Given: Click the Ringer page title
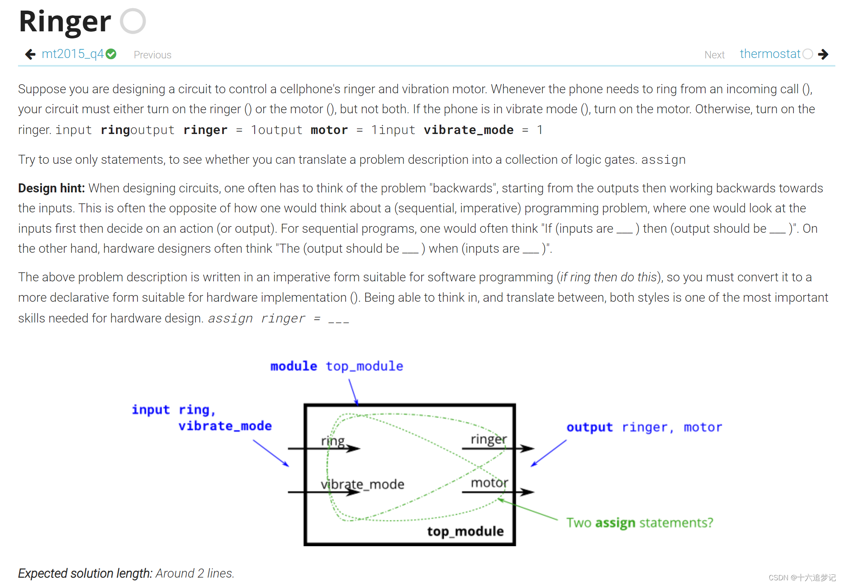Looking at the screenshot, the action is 65,22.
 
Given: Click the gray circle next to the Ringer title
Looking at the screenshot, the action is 133,21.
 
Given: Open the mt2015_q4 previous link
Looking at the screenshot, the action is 72,54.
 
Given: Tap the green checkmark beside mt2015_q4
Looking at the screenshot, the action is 111,54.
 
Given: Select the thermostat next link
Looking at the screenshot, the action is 770,54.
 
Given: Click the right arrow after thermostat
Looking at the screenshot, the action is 823,54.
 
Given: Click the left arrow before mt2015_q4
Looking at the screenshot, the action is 30,54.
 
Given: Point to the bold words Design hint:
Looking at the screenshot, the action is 51,188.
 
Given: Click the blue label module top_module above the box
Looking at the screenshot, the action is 337,366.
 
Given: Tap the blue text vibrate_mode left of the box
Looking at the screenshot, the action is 225,426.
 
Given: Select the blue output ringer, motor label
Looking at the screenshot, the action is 644,427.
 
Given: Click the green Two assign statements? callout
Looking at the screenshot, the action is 639,523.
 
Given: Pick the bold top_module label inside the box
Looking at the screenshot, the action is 465,531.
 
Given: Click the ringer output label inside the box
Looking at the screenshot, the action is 489,439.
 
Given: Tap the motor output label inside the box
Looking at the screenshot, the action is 489,483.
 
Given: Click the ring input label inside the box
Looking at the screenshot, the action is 333,441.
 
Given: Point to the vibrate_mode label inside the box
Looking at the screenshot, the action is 362,484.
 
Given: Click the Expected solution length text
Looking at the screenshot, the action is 126,573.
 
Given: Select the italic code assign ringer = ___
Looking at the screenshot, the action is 278,319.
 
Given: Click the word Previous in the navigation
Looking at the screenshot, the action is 152,55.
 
